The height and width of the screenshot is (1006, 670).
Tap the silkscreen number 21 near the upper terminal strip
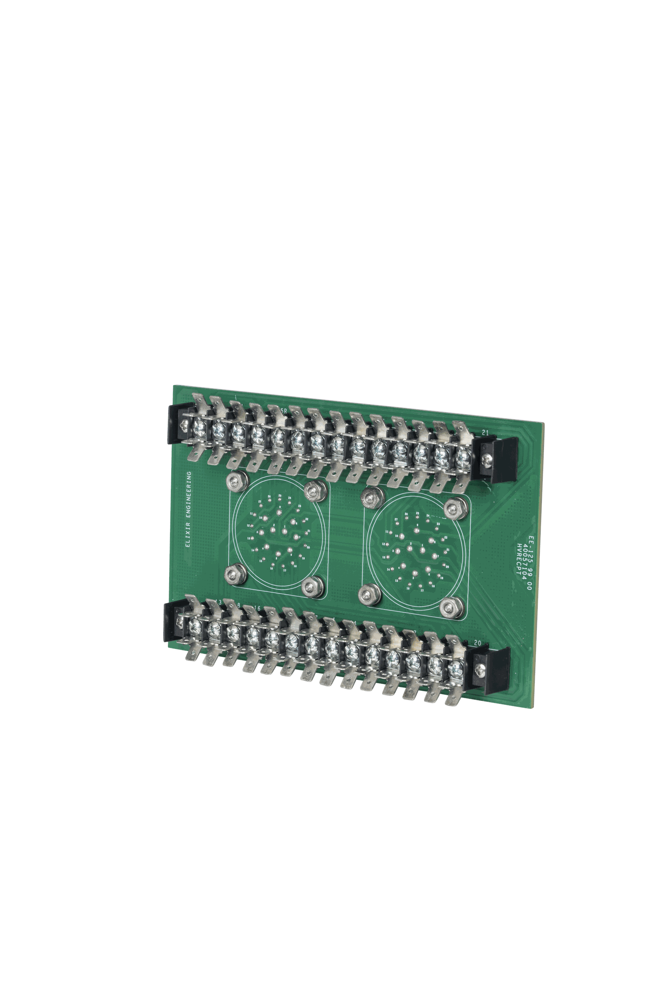coord(484,433)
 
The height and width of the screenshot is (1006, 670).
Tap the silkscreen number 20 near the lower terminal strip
coord(478,643)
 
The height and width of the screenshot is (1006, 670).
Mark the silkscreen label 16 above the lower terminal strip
coord(257,608)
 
